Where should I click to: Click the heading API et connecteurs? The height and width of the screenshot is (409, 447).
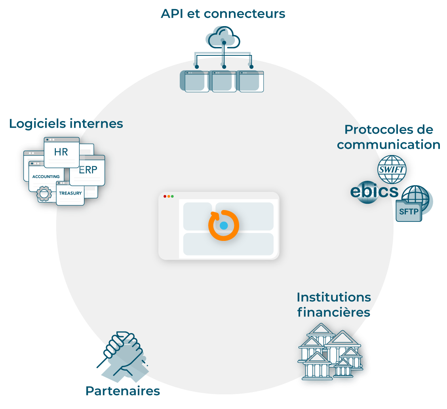tap(223, 13)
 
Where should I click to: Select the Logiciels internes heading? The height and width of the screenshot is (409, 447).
tap(66, 123)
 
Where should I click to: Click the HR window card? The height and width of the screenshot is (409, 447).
tap(61, 152)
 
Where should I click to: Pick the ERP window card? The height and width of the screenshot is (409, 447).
tap(88, 170)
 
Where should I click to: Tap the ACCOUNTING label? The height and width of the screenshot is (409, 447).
tap(46, 176)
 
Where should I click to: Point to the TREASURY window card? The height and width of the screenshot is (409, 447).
tap(70, 193)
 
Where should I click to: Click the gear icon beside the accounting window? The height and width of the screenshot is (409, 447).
tap(44, 194)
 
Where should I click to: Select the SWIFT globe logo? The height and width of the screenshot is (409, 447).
tap(392, 170)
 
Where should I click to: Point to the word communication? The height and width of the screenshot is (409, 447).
tap(388, 145)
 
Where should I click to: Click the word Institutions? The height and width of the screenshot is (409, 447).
tap(334, 297)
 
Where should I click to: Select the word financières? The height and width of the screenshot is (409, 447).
tap(334, 312)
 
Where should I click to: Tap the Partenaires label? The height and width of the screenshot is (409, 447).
tap(123, 391)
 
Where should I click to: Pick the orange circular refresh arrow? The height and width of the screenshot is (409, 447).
tap(224, 225)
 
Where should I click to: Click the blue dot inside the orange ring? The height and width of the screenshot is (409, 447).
tap(224, 225)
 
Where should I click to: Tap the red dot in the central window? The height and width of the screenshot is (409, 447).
tap(165, 196)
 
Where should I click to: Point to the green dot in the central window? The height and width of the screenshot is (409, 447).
tap(172, 196)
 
